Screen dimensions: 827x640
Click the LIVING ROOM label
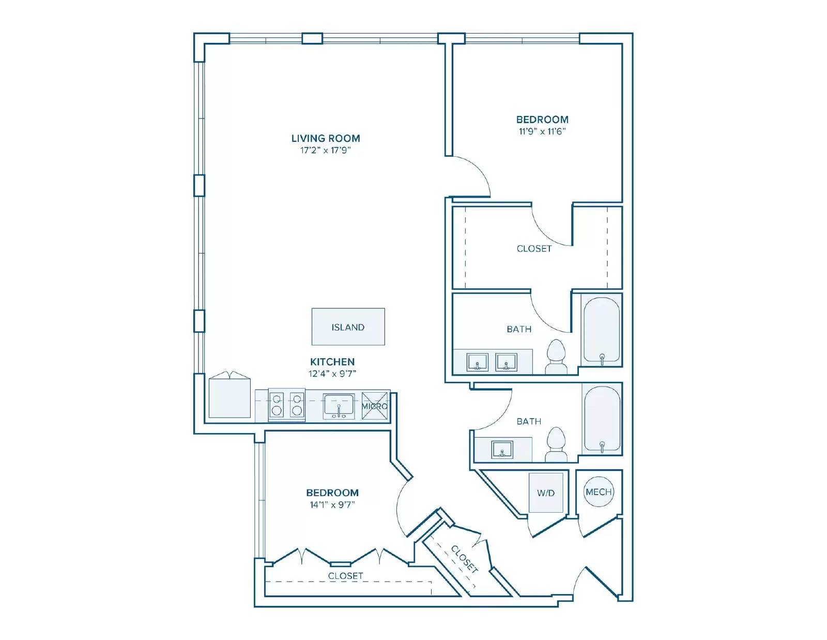[326, 138]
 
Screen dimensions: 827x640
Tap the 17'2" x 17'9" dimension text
[326, 150]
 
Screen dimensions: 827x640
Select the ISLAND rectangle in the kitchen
[348, 327]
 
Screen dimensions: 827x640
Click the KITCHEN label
[332, 362]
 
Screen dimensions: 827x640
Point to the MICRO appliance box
[375, 406]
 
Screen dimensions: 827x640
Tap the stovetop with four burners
[286, 405]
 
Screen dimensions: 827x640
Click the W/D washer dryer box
[546, 493]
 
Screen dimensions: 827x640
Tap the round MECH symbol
[599, 492]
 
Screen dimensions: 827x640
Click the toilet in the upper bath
[556, 356]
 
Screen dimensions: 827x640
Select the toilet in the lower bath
[556, 444]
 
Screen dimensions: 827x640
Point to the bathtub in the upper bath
[602, 330]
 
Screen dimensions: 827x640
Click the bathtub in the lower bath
[602, 419]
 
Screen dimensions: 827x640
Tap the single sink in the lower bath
[502, 450]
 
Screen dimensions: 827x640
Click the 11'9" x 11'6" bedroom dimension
[542, 131]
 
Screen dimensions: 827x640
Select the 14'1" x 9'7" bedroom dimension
[332, 505]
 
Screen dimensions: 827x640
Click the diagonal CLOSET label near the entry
[464, 559]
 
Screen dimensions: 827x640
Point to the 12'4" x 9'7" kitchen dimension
[332, 374]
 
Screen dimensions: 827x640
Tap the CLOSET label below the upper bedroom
[534, 248]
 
